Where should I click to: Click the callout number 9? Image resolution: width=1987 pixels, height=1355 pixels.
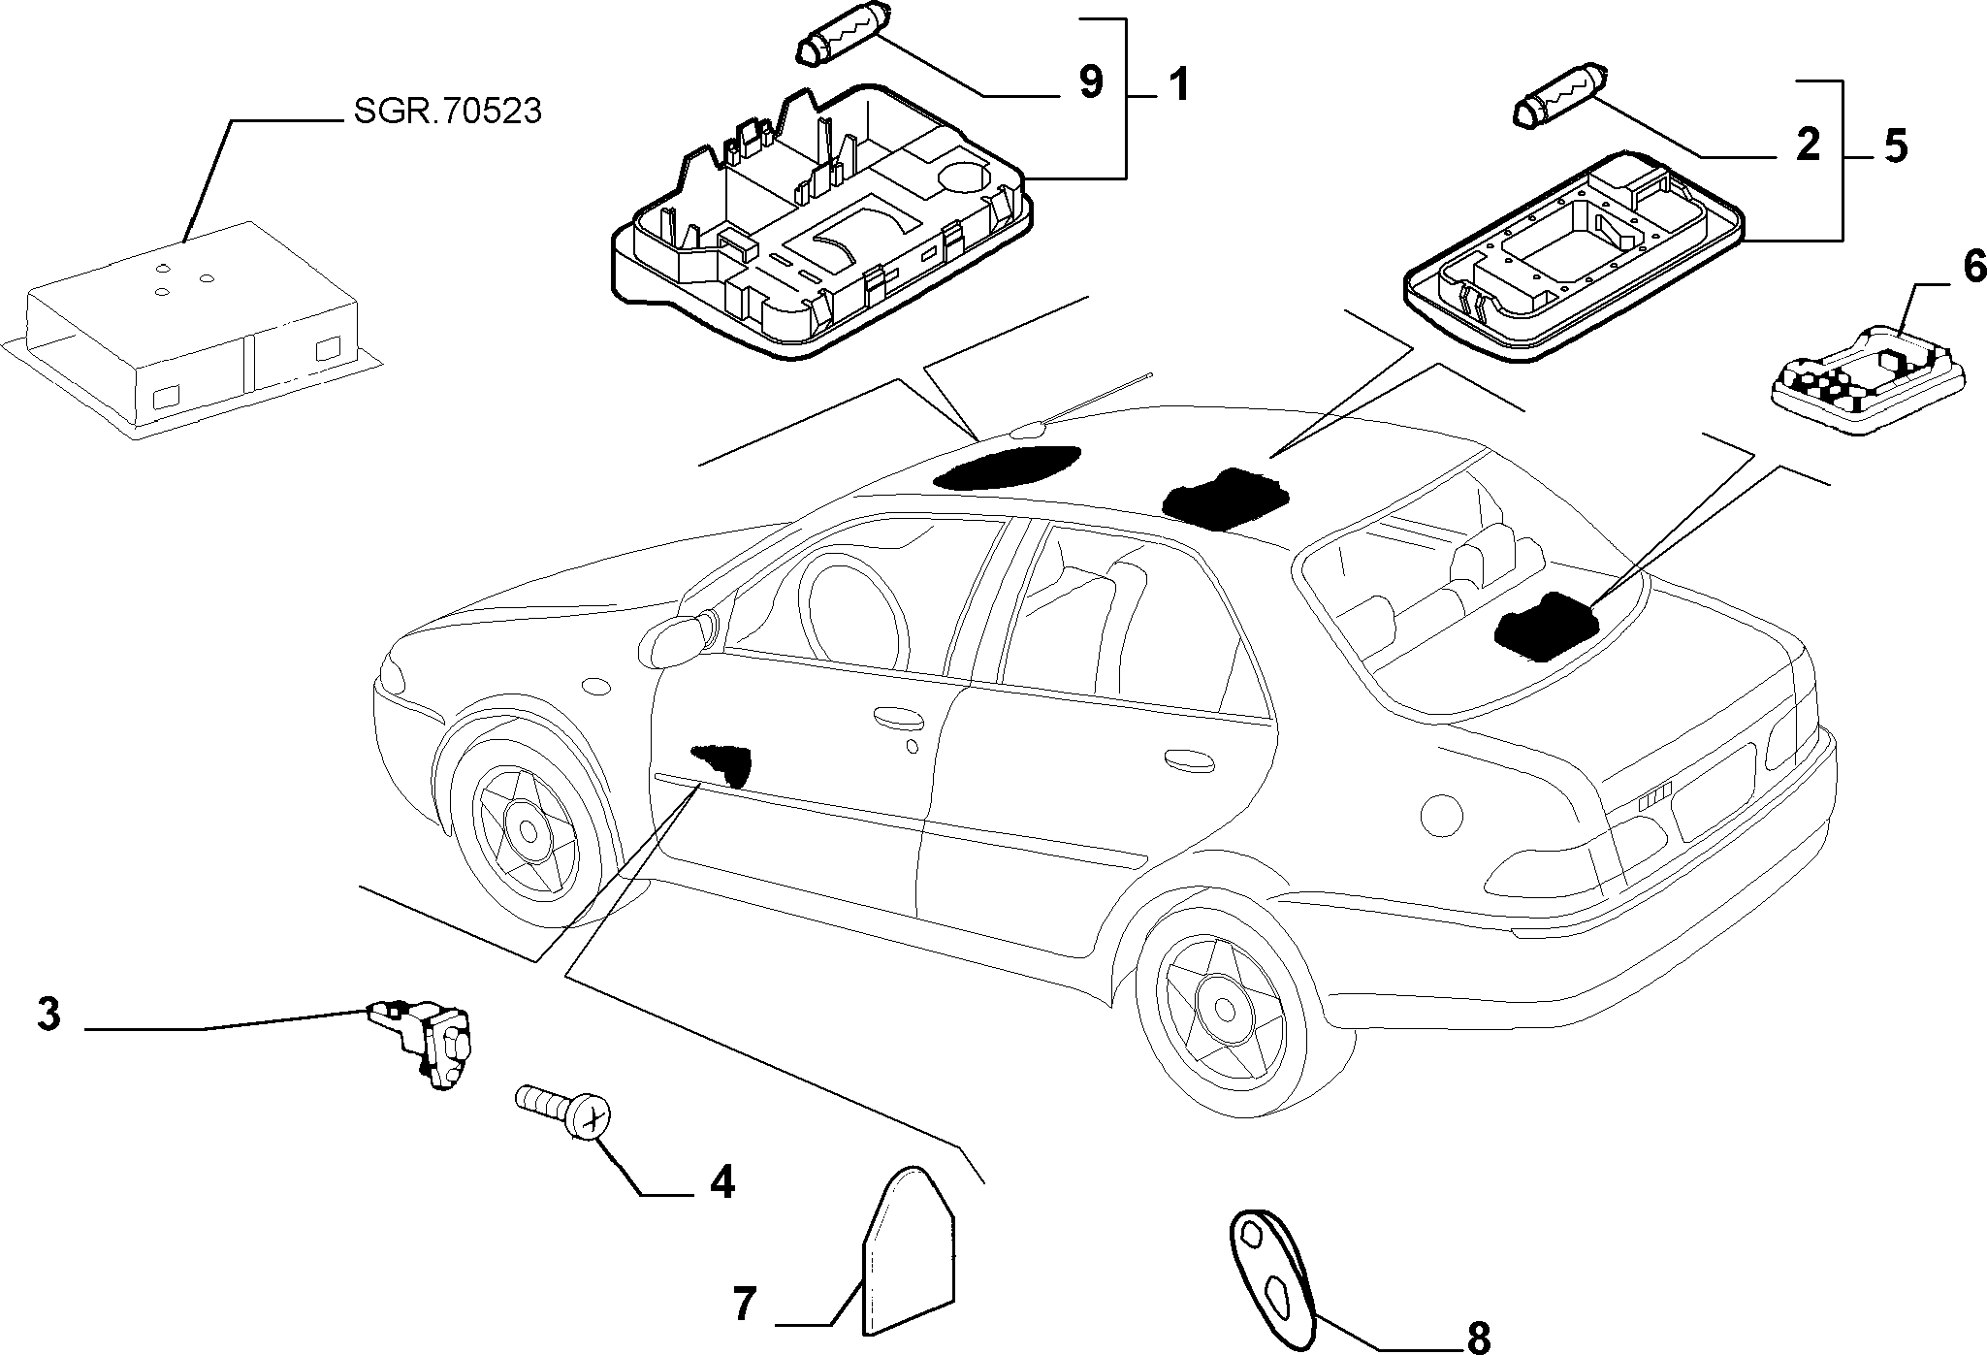click(1091, 82)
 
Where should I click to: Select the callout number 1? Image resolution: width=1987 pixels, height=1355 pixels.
click(1176, 85)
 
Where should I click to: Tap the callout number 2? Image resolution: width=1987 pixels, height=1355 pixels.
click(1808, 145)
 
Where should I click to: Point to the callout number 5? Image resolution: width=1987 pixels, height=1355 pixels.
click(1894, 145)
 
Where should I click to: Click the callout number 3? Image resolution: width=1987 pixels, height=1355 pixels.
click(49, 1015)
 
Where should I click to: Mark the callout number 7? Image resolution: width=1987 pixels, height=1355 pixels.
click(744, 1306)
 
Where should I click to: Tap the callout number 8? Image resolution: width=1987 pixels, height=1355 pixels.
click(1478, 1337)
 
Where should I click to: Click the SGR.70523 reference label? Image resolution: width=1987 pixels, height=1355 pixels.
click(447, 112)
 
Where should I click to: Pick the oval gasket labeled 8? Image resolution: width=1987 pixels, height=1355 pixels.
click(1271, 1266)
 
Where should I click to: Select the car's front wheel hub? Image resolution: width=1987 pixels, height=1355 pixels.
click(529, 831)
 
